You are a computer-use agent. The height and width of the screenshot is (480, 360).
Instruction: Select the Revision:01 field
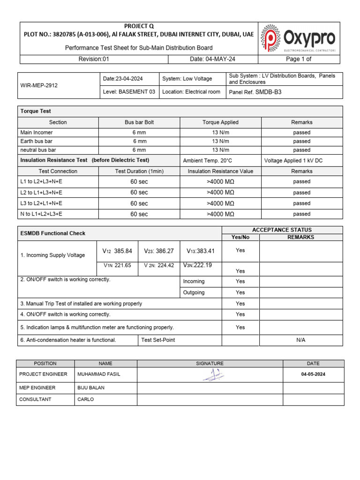click(x=93, y=59)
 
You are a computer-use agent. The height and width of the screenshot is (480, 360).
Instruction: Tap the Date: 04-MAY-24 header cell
click(x=212, y=59)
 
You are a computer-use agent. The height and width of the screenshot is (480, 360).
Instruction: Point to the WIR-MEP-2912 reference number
click(x=39, y=86)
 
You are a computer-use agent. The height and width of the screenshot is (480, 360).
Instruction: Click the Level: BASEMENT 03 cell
click(x=129, y=92)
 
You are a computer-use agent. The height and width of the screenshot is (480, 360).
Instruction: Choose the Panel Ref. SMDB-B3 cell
click(x=255, y=92)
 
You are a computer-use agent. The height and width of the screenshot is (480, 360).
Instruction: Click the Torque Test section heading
click(x=36, y=111)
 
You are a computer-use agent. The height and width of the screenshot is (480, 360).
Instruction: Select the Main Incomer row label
click(x=37, y=133)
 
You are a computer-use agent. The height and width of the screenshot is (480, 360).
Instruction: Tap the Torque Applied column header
click(x=220, y=122)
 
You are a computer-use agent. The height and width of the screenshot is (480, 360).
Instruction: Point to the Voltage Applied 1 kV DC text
click(x=293, y=160)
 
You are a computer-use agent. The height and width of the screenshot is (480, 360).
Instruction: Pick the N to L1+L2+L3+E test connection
click(x=41, y=214)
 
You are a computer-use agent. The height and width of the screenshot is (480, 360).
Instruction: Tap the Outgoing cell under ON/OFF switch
click(x=194, y=292)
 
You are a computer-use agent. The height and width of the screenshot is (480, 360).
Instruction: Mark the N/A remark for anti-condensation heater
click(x=300, y=340)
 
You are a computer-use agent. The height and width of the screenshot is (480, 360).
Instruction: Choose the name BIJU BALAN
click(x=91, y=388)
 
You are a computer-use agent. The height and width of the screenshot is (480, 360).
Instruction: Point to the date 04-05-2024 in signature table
click(x=313, y=375)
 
